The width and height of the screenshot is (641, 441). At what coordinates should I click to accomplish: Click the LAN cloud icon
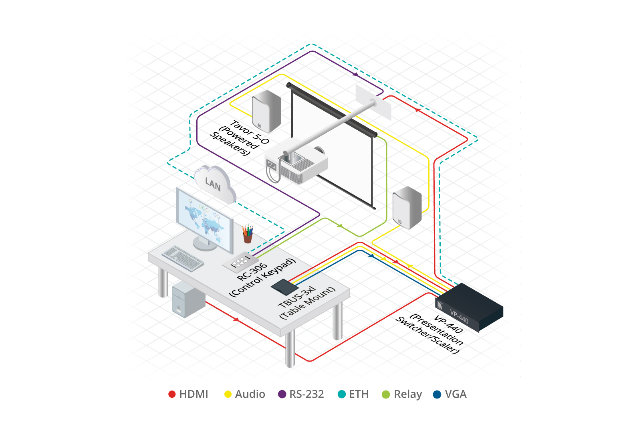[214, 184]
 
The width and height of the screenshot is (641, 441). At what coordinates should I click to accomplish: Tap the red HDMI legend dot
[172, 394]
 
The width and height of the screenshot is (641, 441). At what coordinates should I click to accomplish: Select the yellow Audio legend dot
[228, 394]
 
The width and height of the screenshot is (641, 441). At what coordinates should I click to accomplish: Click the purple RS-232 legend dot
[282, 394]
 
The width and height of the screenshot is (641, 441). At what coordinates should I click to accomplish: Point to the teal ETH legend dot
[341, 394]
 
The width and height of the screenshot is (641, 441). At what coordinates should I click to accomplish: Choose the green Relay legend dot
[386, 394]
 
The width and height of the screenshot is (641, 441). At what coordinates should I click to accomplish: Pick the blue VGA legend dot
[437, 394]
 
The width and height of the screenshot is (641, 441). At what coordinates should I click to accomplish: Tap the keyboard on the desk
[183, 257]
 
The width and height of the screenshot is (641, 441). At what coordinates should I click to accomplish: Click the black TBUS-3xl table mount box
[284, 287]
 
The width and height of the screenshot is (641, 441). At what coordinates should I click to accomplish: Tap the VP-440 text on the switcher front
[459, 317]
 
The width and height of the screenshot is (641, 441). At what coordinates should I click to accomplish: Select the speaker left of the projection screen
[266, 111]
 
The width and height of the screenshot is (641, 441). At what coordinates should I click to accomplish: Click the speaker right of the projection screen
[407, 207]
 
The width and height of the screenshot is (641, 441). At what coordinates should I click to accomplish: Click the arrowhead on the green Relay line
[340, 226]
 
